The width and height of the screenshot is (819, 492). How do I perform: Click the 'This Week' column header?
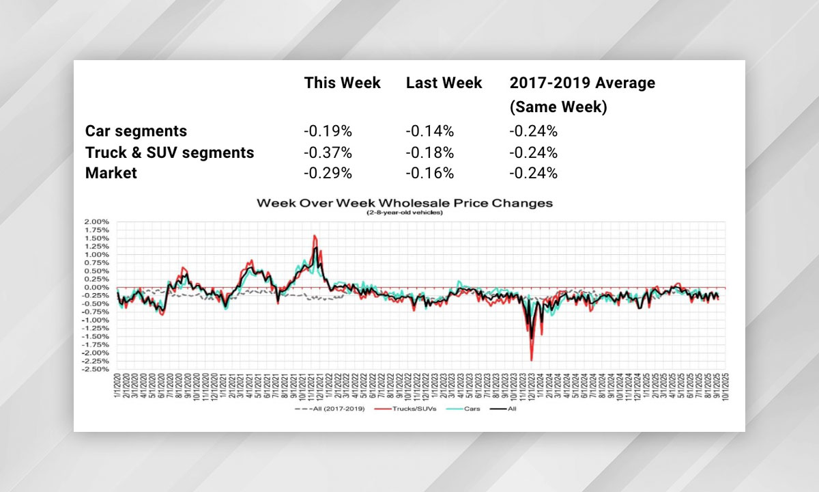click(x=342, y=83)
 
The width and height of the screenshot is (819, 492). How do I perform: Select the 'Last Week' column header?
click(x=444, y=83)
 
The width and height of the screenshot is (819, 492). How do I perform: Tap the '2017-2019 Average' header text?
click(x=582, y=83)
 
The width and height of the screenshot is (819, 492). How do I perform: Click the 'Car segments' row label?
click(x=136, y=131)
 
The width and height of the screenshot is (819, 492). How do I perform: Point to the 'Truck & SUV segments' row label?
click(x=169, y=152)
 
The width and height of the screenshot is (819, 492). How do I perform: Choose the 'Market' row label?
click(x=111, y=173)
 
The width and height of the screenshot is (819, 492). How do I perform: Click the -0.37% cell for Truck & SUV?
click(x=328, y=152)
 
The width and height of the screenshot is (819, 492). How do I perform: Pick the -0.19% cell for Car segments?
click(x=328, y=131)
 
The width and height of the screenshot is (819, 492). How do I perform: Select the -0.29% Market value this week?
click(x=328, y=173)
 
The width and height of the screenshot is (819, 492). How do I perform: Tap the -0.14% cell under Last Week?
click(x=430, y=131)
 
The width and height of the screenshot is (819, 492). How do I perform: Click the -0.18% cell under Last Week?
click(x=430, y=152)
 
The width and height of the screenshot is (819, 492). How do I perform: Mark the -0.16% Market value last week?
click(x=430, y=173)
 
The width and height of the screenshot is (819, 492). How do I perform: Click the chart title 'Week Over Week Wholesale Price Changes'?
click(x=404, y=203)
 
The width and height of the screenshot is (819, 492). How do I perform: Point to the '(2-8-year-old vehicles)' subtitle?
click(x=404, y=213)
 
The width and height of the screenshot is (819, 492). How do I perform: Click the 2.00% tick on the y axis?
click(x=96, y=222)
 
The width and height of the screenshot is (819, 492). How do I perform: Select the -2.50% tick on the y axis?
click(x=94, y=369)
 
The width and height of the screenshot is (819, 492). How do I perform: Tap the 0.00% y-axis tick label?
click(x=96, y=288)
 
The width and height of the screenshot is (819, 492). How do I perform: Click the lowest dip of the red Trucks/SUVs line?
click(x=531, y=360)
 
